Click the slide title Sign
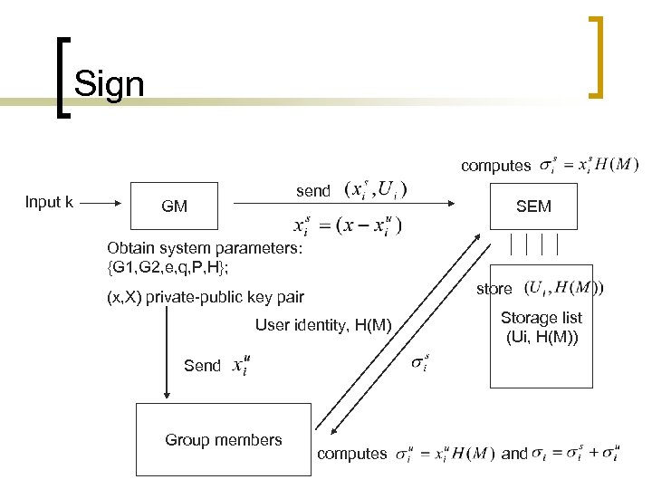[x=109, y=84]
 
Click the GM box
[x=174, y=206]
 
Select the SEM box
[x=533, y=206]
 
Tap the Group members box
[x=224, y=441]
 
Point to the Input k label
[x=50, y=202]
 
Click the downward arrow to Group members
[x=167, y=353]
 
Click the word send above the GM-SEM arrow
[x=313, y=191]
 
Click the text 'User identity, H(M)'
[x=323, y=325]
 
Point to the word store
[x=494, y=289]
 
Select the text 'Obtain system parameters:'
[x=205, y=247]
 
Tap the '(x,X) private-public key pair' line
[x=205, y=296]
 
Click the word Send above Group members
[x=201, y=365]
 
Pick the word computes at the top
[x=495, y=165]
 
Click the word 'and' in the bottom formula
[x=513, y=453]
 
